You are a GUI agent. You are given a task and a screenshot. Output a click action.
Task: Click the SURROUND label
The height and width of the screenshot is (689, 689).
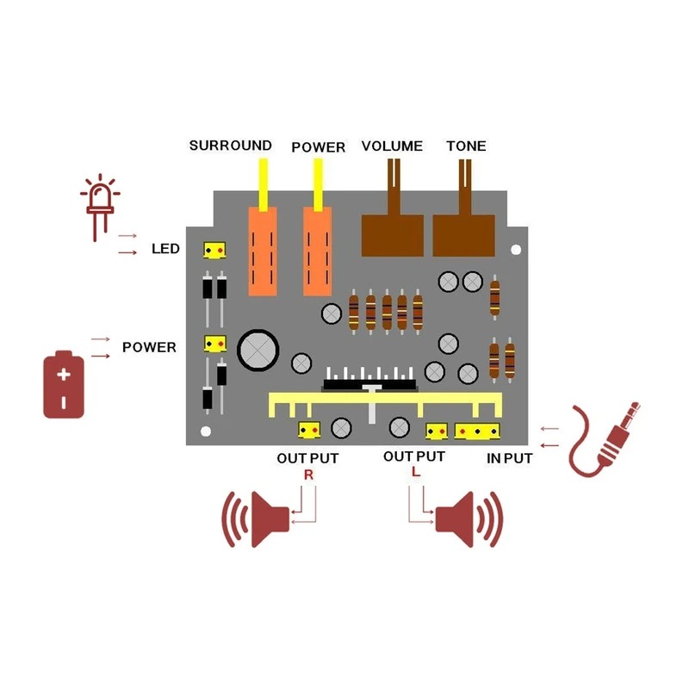pos(230,146)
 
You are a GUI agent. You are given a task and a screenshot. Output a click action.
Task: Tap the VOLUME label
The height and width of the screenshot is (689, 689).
pos(392,146)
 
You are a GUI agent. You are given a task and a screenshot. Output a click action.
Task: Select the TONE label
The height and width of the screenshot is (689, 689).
pos(466,146)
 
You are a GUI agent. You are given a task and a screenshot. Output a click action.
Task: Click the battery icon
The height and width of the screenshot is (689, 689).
pos(64,384)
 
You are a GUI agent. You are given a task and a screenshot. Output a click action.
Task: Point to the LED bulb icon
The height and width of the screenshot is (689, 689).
pos(99,207)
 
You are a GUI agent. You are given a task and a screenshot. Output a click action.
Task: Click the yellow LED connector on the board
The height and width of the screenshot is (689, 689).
pos(214,251)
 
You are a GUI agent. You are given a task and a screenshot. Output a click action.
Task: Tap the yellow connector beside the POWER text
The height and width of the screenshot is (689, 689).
pos(214,344)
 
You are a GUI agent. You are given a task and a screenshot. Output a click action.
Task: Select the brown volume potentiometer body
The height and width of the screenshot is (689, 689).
pos(392,235)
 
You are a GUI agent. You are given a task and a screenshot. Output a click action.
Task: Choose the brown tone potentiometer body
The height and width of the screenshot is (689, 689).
pos(465,235)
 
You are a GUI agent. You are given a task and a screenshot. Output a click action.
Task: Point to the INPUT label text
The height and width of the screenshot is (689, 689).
pos(509,458)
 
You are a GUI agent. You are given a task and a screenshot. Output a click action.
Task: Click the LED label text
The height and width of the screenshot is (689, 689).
pos(165,249)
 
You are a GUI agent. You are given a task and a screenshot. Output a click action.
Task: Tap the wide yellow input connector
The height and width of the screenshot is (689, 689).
pos(478,430)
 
